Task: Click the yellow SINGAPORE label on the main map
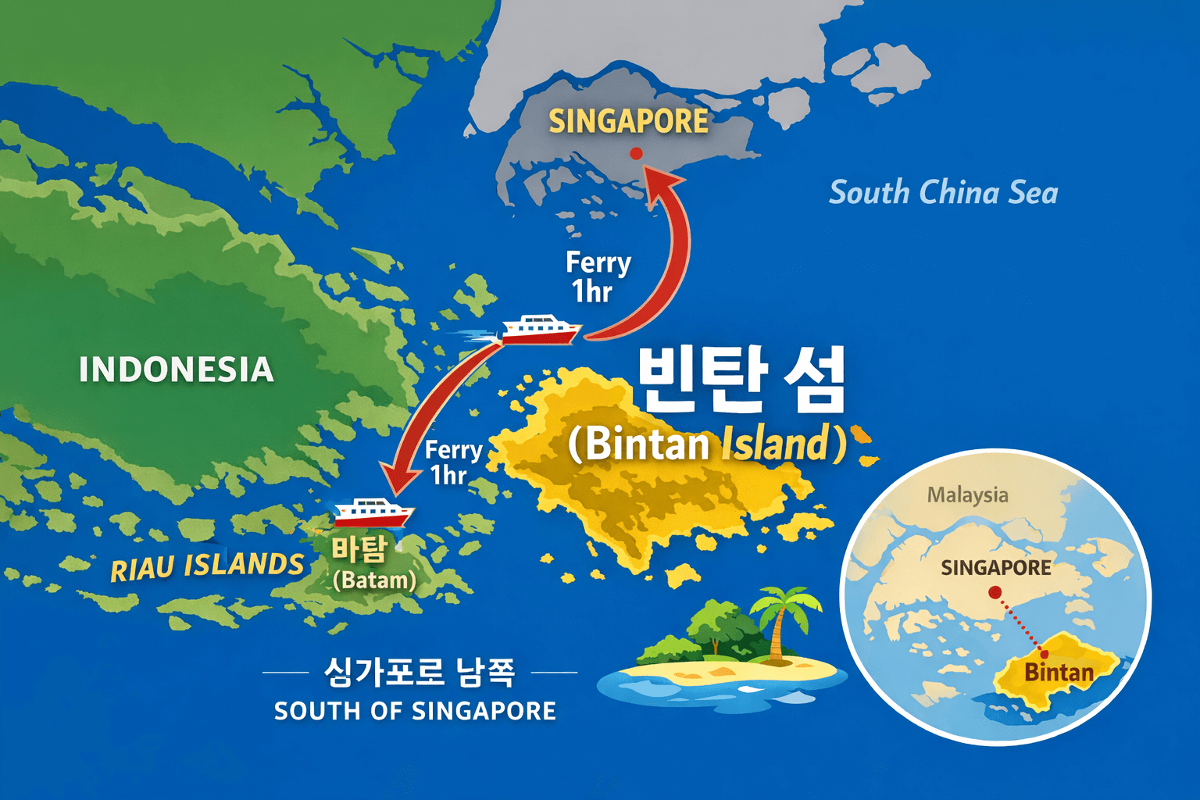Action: [x=628, y=121]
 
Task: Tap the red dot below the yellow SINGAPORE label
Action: [x=636, y=154]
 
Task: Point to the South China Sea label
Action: [x=943, y=192]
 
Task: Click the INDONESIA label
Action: [x=177, y=370]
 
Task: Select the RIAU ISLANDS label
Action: [x=207, y=566]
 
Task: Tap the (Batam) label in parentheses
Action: [x=374, y=580]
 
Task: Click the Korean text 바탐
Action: [x=359, y=548]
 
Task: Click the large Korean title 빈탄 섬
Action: [x=741, y=379]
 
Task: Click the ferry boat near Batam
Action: [x=373, y=512]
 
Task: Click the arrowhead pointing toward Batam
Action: [x=396, y=477]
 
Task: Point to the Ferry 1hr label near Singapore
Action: [x=597, y=277]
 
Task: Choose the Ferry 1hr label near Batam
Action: [x=453, y=462]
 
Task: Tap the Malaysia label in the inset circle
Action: [x=967, y=495]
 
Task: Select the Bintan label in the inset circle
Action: [x=1059, y=672]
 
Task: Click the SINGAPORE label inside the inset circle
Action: [x=996, y=567]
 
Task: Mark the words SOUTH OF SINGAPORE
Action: [x=415, y=711]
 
